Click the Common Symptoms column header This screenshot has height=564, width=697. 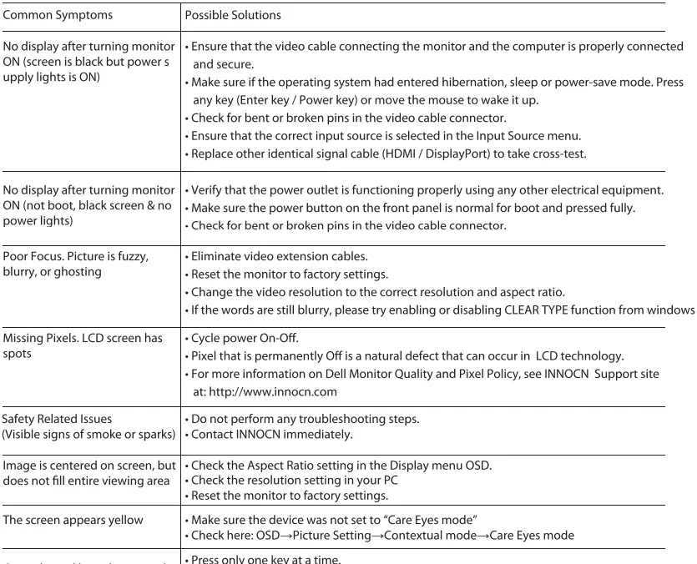[x=57, y=15]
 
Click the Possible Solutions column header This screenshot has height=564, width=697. [x=233, y=15]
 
